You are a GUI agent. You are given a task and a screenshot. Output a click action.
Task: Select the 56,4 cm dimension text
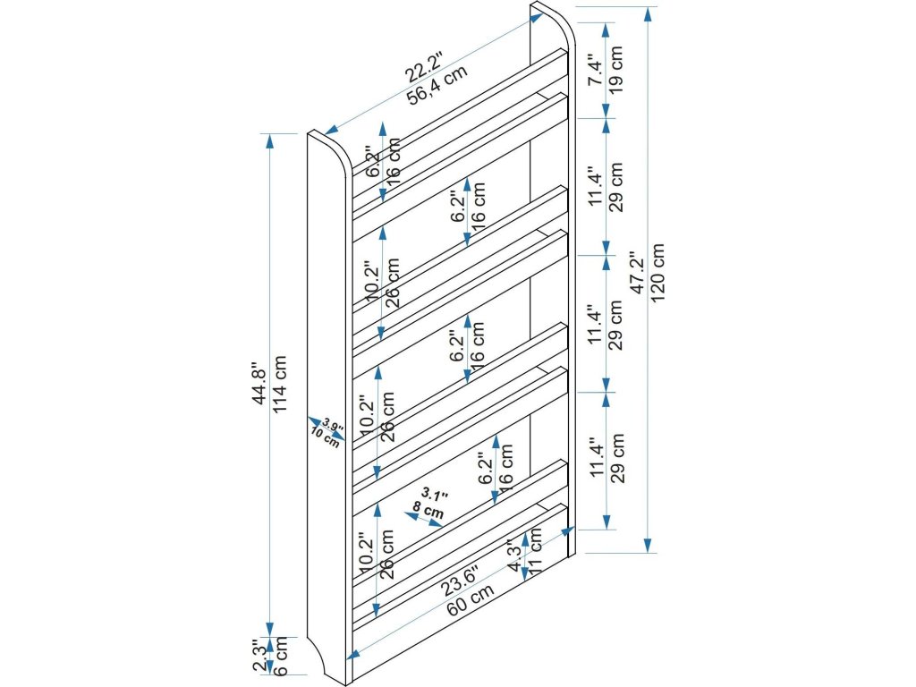tap(437, 86)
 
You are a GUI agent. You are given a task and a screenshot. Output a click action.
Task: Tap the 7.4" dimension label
tap(595, 70)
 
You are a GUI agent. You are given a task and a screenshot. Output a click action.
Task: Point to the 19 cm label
tap(616, 70)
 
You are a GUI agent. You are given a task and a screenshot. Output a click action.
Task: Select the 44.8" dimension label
tap(259, 385)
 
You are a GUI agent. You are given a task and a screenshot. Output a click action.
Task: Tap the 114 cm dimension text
tap(281, 385)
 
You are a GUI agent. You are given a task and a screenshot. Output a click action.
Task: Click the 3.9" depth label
tap(333, 423)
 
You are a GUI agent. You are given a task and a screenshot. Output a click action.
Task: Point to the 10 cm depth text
tap(324, 437)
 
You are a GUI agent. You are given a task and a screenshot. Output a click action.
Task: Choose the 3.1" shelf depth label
tap(433, 495)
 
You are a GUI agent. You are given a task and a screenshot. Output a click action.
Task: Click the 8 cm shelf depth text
tap(428, 512)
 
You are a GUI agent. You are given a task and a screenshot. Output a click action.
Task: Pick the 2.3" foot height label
tap(259, 657)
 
